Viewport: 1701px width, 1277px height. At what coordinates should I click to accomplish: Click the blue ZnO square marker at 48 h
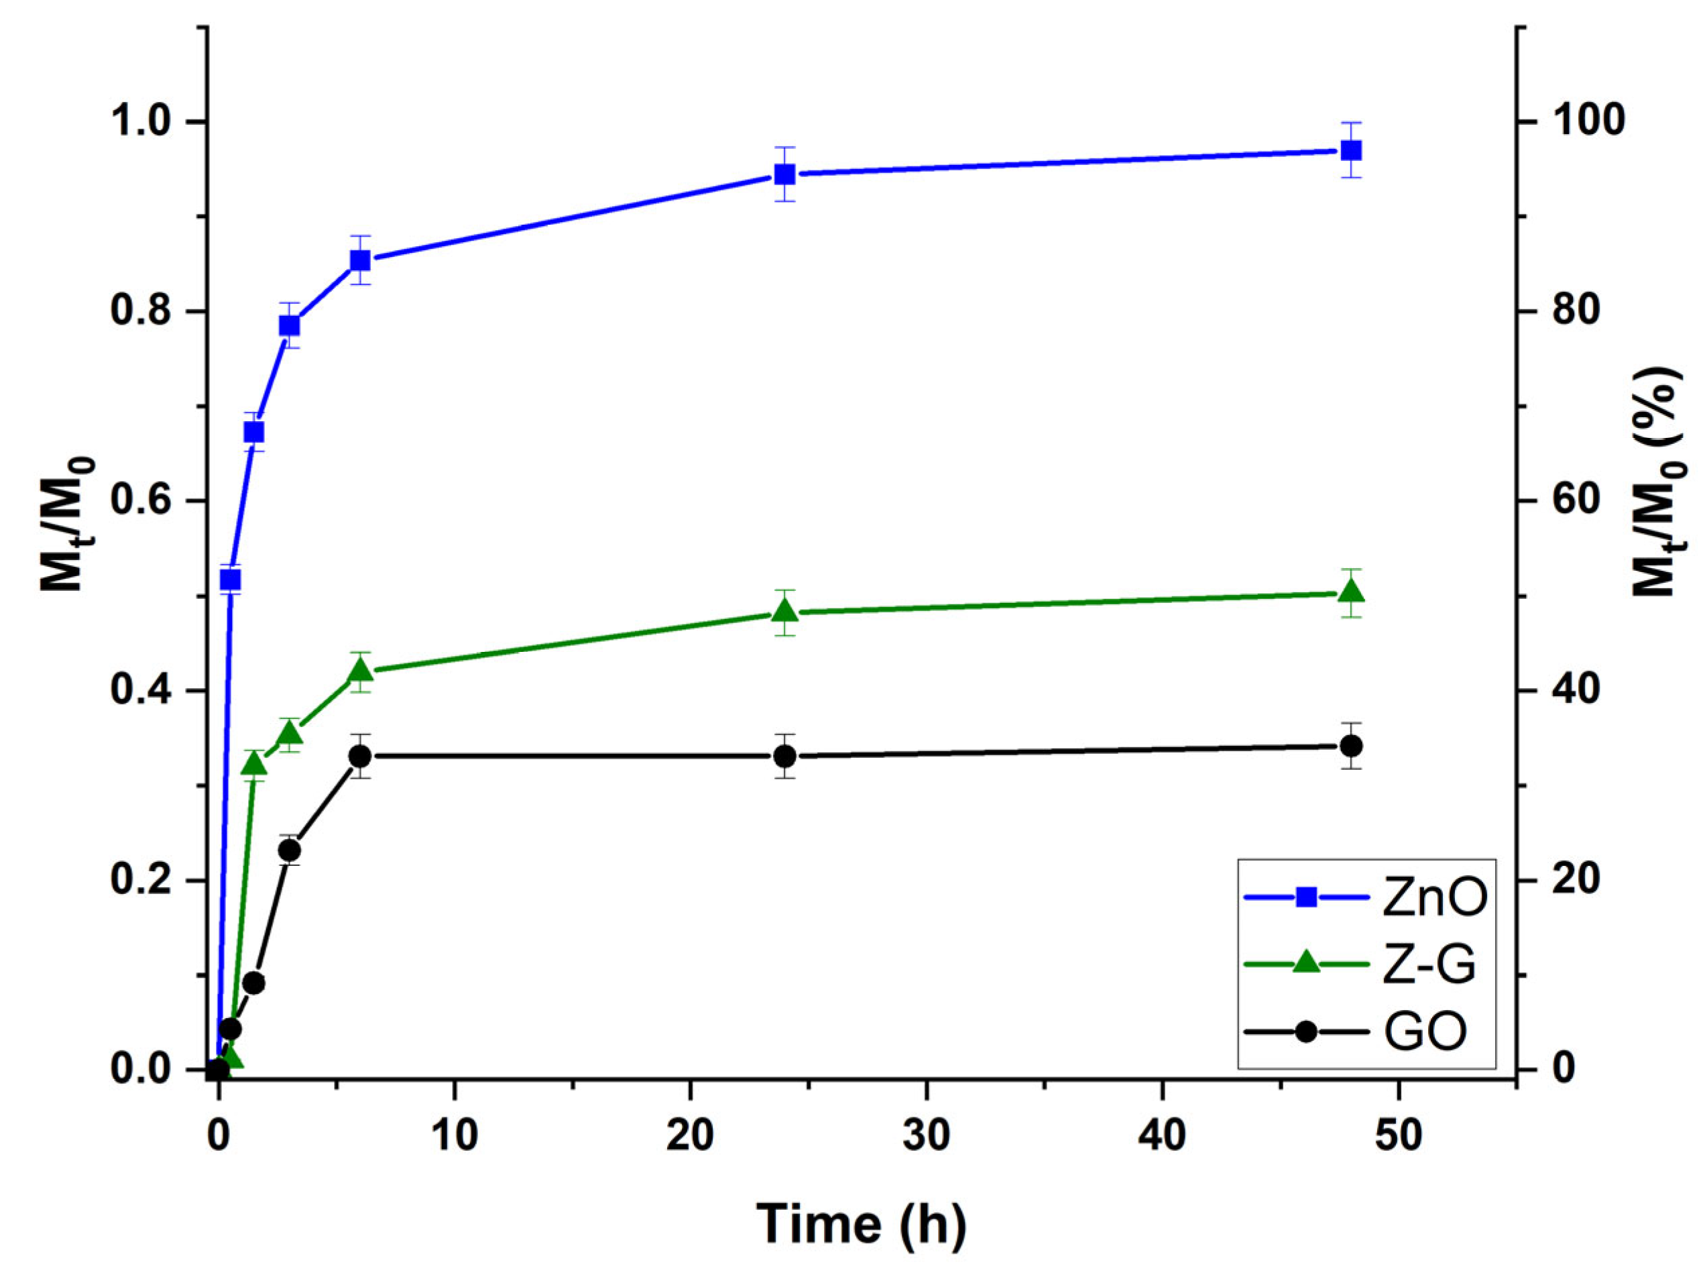pos(1351,150)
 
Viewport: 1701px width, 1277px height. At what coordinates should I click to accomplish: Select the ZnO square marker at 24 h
pos(784,174)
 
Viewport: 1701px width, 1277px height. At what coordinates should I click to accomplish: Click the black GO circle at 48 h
pos(1351,746)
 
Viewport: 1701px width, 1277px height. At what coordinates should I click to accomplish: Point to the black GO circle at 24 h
pos(784,756)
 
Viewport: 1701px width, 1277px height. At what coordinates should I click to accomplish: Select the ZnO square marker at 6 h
pos(361,261)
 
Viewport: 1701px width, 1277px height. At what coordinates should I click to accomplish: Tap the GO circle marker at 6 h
pos(361,756)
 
